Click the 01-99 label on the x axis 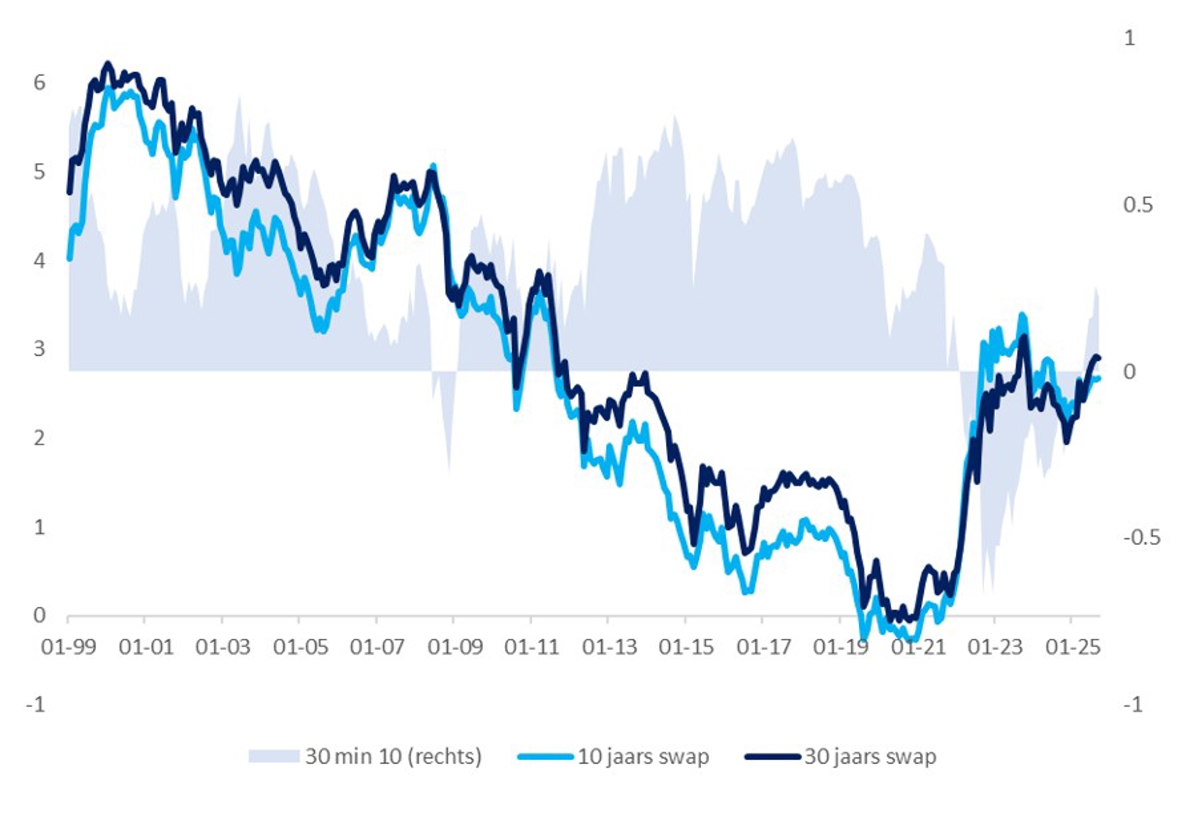69,647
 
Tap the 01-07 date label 377,647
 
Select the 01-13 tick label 609,647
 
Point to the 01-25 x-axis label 1073,647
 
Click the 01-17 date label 764,647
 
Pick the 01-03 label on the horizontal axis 223,647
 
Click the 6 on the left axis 39,83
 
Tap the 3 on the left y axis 39,348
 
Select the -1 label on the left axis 36,704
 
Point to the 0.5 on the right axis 1138,205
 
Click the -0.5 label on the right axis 1141,537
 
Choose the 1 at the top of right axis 1129,38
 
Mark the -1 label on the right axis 1132,704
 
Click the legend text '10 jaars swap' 643,756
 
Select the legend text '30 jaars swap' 870,756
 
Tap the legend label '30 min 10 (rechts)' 393,756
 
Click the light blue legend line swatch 545,757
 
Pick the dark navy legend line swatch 773,757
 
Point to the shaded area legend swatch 273,756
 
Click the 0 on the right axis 1129,371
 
